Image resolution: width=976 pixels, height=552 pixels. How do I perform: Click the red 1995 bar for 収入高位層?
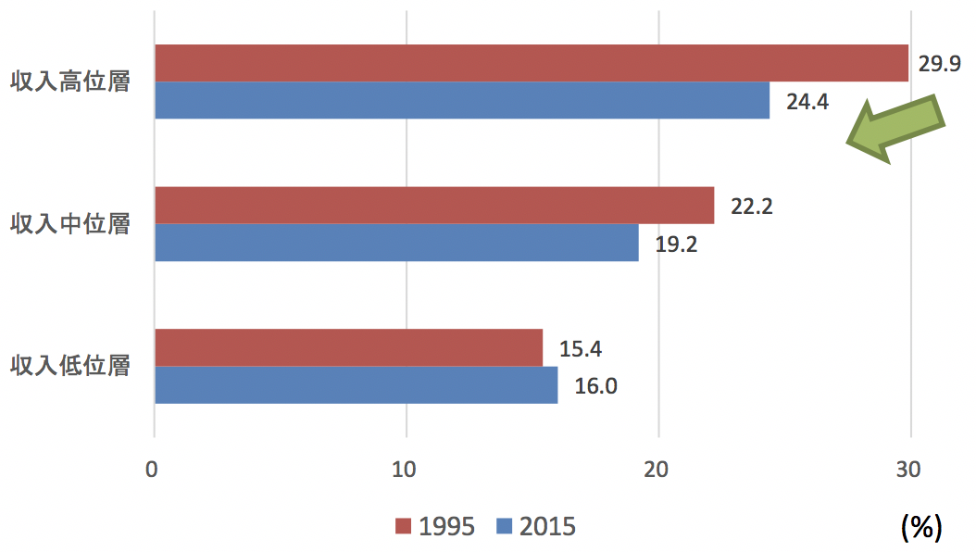click(532, 63)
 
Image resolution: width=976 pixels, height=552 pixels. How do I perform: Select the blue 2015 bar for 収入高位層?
click(462, 100)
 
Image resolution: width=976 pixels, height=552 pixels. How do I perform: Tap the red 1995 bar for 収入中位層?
click(434, 206)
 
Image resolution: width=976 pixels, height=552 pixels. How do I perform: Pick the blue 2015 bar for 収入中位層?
click(396, 243)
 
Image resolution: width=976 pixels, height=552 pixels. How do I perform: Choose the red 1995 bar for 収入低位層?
click(348, 348)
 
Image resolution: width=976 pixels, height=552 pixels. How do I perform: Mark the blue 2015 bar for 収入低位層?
click(356, 385)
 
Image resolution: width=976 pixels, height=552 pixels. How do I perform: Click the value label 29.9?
click(939, 64)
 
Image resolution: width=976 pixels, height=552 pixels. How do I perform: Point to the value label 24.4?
click(807, 102)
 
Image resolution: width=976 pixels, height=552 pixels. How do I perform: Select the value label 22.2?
click(751, 206)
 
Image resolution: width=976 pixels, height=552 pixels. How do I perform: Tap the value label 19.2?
click(676, 244)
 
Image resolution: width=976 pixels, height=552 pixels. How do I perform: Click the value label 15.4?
click(580, 348)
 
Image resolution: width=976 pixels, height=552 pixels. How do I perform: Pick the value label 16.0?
click(595, 386)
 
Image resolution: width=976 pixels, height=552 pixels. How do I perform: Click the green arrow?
click(896, 129)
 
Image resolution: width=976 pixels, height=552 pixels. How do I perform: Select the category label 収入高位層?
click(70, 82)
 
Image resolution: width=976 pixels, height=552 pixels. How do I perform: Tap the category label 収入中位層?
click(70, 224)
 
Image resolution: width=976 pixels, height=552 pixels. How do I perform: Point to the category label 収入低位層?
click(70, 365)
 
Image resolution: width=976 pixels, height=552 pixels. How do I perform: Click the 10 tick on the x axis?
click(404, 470)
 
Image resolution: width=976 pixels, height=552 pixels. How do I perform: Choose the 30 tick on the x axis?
click(908, 470)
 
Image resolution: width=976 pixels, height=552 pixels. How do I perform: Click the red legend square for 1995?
click(404, 526)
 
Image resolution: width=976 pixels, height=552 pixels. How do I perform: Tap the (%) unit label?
click(921, 528)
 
